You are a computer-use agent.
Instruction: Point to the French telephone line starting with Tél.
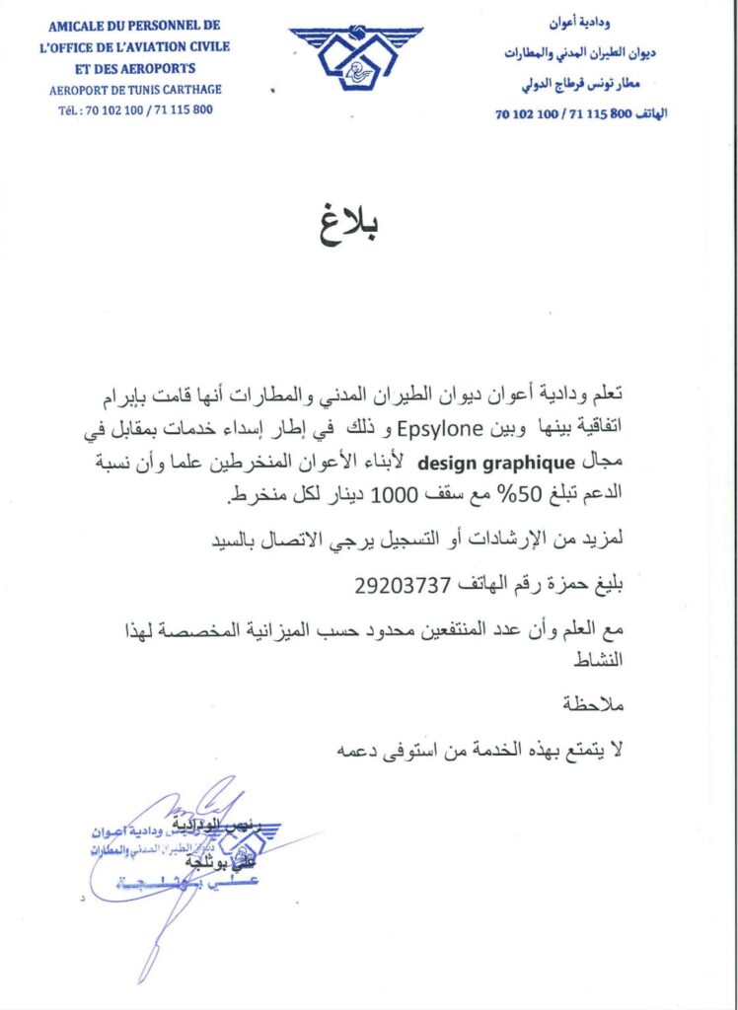click(x=135, y=109)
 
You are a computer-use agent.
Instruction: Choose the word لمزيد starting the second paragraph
click(x=605, y=540)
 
